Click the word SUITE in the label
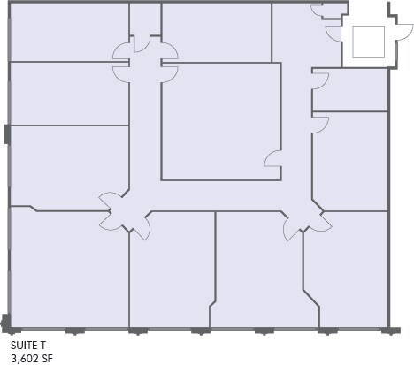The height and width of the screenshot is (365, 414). [x=23, y=346]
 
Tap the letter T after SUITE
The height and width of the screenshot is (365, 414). [x=42, y=346]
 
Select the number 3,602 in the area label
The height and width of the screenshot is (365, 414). [x=24, y=358]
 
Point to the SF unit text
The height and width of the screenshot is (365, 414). [x=49, y=358]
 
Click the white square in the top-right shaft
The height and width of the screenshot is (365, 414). [x=367, y=41]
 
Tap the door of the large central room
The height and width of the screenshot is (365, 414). [x=273, y=159]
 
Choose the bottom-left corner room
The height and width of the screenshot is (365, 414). [x=68, y=270]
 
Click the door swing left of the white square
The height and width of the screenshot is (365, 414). [x=333, y=34]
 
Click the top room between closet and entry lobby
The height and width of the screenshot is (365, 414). [x=216, y=32]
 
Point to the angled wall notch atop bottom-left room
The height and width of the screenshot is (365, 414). [x=33, y=209]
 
